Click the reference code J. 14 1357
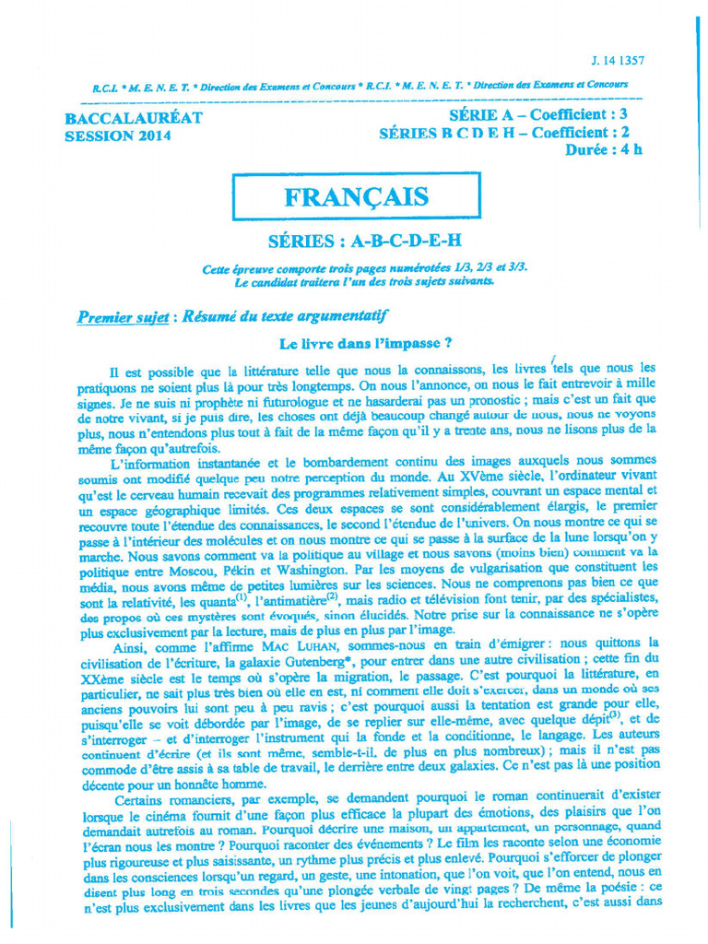(x=618, y=61)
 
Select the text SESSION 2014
(x=118, y=136)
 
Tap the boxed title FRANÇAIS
(x=356, y=197)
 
